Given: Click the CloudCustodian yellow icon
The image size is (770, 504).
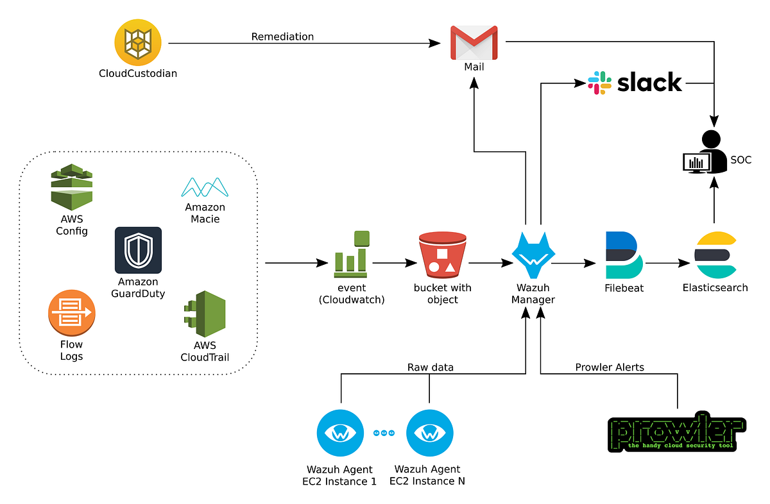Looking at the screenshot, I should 138,42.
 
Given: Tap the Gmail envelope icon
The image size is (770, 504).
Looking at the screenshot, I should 474,42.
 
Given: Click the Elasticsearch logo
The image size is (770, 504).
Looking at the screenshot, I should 715,255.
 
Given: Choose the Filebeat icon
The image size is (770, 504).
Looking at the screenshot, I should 623,255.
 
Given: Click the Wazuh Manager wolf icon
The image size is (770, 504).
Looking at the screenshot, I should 533,253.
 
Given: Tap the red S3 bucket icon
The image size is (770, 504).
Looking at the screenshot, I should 441,254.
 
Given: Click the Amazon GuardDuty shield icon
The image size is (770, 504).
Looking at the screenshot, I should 138,250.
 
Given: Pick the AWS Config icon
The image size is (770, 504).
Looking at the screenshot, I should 72,187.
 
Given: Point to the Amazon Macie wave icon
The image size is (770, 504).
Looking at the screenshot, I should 205,187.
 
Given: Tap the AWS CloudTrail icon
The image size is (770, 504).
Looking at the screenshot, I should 204,314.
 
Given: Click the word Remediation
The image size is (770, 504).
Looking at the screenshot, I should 282,37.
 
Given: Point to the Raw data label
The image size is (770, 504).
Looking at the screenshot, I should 430,367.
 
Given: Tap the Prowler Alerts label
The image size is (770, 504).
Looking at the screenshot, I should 609,367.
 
